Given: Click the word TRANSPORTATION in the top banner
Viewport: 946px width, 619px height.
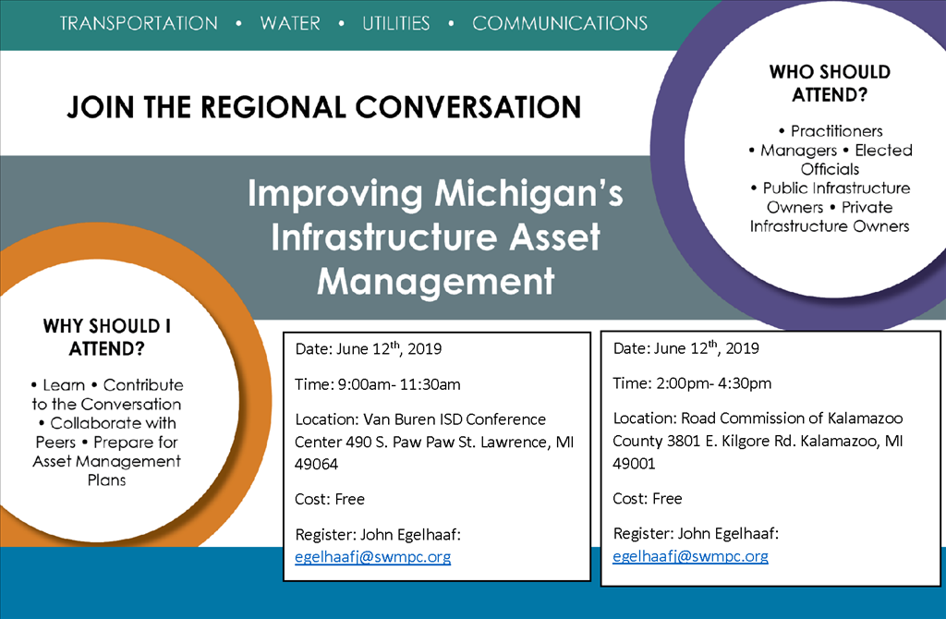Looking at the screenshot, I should (139, 23).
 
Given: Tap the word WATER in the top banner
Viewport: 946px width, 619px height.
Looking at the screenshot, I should (290, 23).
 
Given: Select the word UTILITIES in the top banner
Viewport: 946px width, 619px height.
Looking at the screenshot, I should (396, 23).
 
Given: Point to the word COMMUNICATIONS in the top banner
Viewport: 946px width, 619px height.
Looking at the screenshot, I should (560, 23).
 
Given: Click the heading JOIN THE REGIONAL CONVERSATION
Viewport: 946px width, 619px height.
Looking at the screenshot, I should (323, 106).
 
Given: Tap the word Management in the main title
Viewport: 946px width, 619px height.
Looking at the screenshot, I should (435, 279).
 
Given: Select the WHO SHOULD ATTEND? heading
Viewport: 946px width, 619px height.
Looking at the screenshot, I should (830, 82).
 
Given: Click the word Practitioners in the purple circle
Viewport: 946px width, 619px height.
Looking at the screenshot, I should (836, 131).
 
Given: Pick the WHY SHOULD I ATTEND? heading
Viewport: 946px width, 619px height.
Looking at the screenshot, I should (107, 337).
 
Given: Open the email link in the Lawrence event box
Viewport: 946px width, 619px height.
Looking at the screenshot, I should (373, 556).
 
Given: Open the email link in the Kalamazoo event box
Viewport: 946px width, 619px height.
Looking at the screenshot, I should (691, 556).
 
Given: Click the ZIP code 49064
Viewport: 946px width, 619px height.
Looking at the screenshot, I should (316, 465).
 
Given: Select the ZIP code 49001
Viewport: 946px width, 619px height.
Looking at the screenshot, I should (634, 464).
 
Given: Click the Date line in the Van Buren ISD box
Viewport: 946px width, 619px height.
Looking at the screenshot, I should (369, 349).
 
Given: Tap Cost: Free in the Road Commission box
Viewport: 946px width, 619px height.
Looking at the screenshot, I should (648, 499).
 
